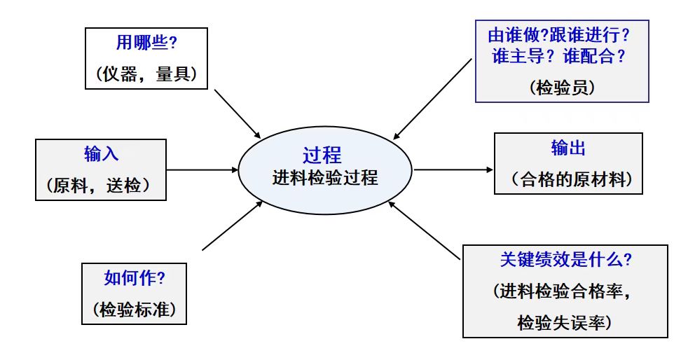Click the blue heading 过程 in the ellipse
[x=323, y=155]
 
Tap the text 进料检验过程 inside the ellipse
[x=325, y=178]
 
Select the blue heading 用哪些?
[x=146, y=43]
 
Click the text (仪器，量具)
[x=146, y=73]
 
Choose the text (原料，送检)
[x=101, y=186]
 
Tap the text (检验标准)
[x=134, y=308]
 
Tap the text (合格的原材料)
[x=568, y=180]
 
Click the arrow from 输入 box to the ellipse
[x=203, y=169]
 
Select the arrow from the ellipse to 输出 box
[x=453, y=169]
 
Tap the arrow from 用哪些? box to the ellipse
[x=238, y=113]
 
